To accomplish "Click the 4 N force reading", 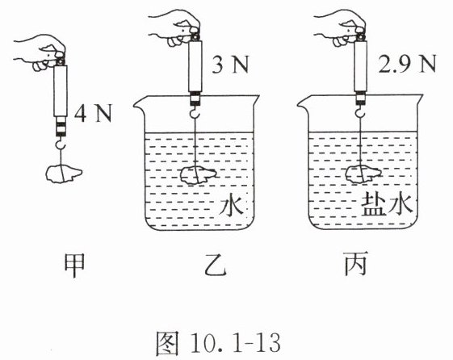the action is click(93, 114).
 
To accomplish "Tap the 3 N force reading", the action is click(230, 65).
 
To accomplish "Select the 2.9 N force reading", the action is click(407, 65).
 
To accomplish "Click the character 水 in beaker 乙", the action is click(231, 205).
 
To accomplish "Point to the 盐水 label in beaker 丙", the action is click(387, 204).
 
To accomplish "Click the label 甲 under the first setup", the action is click(74, 266).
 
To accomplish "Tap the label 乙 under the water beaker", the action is click(215, 265).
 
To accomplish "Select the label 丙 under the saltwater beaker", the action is click(355, 263).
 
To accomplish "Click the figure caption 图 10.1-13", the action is click(218, 343).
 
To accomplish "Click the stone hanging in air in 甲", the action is click(64, 174).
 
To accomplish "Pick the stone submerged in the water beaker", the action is click(199, 175).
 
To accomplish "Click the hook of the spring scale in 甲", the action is click(60, 143).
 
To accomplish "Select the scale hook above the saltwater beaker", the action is click(360, 111).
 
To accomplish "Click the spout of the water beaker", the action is click(139, 103).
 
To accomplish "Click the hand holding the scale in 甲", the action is click(40, 52).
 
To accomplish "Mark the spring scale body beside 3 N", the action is click(195, 66).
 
